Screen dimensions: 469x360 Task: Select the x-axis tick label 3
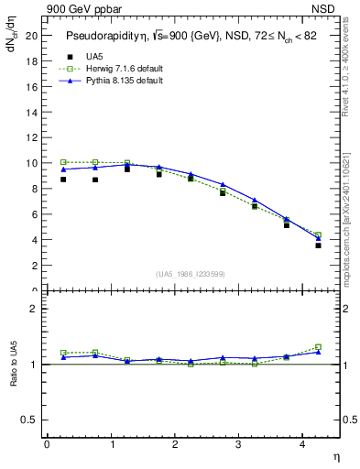[x=238, y=444]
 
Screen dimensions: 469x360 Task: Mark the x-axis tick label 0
[x=47, y=444]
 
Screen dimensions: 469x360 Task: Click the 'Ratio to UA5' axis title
[x=14, y=377]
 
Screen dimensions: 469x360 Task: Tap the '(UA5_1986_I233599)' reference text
[x=190, y=275]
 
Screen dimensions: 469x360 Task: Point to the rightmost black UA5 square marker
[x=318, y=245]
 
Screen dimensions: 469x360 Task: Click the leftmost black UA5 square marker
[x=63, y=180]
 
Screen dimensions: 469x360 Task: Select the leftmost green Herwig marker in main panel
[x=63, y=162]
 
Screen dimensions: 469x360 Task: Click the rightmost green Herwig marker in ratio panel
[x=318, y=347]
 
